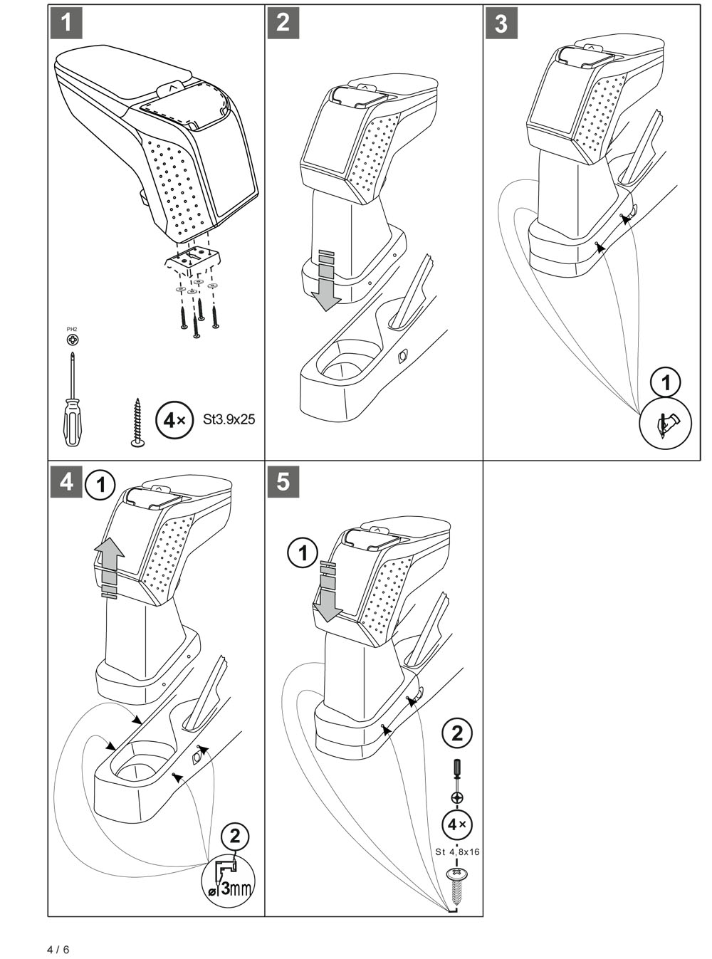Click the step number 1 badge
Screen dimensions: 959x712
click(66, 23)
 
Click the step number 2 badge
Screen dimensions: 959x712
click(283, 23)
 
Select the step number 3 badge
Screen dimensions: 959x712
click(501, 23)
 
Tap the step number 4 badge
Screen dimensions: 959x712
click(66, 482)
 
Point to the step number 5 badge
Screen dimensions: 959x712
click(283, 482)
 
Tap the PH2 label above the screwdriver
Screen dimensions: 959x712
click(72, 329)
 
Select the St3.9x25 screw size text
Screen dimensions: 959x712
click(229, 419)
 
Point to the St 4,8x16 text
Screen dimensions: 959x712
click(456, 851)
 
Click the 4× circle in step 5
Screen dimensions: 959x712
click(456, 824)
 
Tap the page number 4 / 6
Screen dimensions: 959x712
click(58, 950)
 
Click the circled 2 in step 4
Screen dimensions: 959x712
click(236, 837)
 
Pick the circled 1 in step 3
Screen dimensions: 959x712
click(666, 382)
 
